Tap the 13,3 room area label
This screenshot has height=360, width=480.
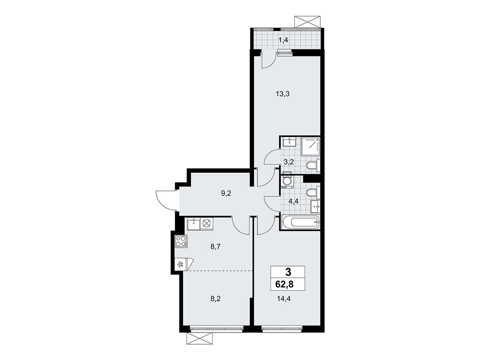tap(283, 94)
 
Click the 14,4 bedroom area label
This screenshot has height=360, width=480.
tap(284, 298)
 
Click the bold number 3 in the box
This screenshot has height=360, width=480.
tap(288, 272)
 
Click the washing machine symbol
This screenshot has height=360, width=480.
tap(287, 181)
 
